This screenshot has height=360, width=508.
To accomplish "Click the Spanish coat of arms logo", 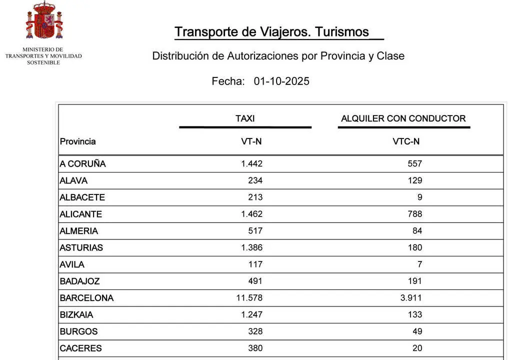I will pos(44,21).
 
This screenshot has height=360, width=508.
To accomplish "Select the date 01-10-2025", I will pos(281,81).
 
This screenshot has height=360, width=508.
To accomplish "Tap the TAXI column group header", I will pos(245,118).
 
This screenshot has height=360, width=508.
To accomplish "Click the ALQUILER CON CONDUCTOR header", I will pos(403,118).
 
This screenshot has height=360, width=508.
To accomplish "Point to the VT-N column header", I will pos(251,141).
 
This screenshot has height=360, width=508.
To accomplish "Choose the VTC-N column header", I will pos(406,141).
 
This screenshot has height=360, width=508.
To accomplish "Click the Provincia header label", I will pos(77,141).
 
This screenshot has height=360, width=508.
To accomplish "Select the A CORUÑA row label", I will pos(82,164).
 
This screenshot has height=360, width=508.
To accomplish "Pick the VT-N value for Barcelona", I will pos(249,298).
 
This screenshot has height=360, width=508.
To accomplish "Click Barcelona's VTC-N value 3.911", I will pos(411,298).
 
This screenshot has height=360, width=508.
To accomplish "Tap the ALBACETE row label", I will pos(82,197).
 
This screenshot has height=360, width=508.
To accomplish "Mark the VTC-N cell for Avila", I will pos(419,264).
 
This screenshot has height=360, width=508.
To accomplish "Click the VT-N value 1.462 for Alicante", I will pos(251,214).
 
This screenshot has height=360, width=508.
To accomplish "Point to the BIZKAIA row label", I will pos(76,315).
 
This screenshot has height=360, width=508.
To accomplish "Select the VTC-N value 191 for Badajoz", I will pos(414,281).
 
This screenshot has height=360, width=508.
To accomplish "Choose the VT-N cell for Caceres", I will pos(255,348).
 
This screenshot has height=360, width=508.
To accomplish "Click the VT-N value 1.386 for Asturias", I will pos(251,247).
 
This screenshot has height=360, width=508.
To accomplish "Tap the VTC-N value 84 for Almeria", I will pos(417,231).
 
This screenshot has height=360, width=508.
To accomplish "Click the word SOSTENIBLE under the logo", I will pos(43,62).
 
